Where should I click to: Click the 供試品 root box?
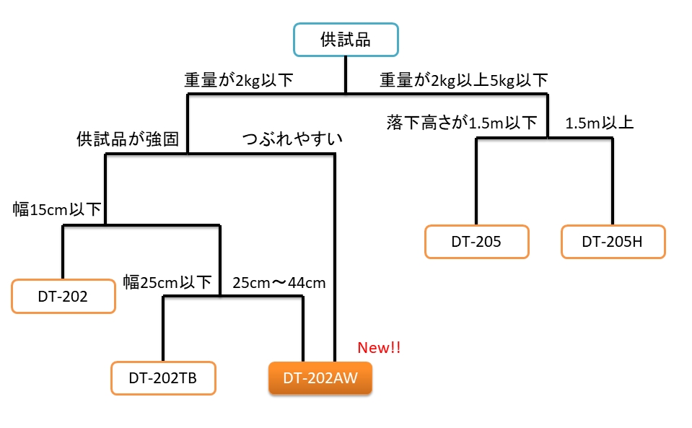coord(346,40)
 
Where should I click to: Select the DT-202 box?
coord(63,296)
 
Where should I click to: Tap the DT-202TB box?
coord(163,377)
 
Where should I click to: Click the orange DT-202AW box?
coord(320,377)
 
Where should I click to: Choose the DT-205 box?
coord(476,242)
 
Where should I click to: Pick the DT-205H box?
coord(613,242)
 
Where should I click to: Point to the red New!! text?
coord(379,348)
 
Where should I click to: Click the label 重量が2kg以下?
coord(239,80)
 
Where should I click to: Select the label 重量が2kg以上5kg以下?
coord(464,80)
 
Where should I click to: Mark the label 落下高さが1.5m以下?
coord(463,123)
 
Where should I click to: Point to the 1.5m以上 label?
coord(600,123)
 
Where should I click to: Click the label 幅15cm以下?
coord(57,210)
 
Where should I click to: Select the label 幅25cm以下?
coord(167,282)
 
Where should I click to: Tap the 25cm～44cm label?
coord(279,282)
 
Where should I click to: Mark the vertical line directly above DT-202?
coord(63,252)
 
